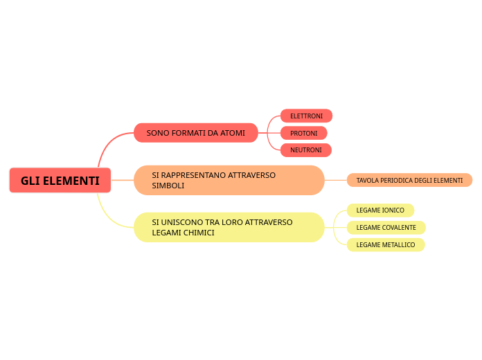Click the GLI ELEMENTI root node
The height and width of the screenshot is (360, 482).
point(60,181)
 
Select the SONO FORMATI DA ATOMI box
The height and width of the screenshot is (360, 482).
point(195,133)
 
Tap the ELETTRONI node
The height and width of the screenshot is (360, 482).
point(306,116)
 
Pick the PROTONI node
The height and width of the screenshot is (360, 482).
point(303,133)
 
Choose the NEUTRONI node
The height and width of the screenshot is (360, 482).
point(305,150)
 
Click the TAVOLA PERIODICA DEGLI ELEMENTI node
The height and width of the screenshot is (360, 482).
point(409,181)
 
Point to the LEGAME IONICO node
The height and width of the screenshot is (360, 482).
point(380,210)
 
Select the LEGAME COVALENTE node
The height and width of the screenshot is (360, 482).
point(386,227)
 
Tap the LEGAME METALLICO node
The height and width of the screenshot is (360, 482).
point(385,244)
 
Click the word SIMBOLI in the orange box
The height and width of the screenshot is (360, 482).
point(168,186)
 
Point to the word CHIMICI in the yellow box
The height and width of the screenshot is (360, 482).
point(199,233)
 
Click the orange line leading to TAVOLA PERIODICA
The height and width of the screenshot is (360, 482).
point(335,180)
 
